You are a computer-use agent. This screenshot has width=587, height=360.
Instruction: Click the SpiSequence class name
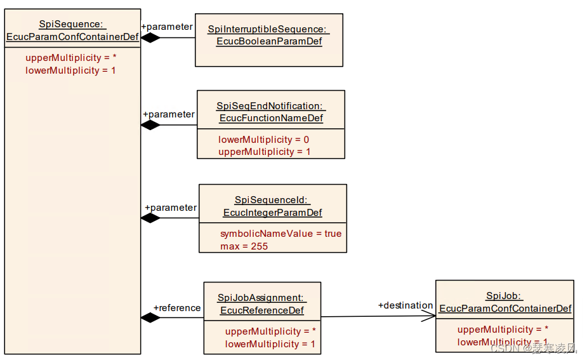[x=72, y=24]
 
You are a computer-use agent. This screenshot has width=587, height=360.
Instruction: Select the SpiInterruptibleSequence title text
[x=268, y=29]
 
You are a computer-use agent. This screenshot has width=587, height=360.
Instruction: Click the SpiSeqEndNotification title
[x=270, y=106]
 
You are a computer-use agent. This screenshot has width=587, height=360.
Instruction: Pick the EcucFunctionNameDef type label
[x=271, y=118]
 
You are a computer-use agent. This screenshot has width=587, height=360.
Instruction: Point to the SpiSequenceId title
[x=272, y=200]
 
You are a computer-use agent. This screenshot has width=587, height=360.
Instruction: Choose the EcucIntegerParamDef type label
[x=272, y=213]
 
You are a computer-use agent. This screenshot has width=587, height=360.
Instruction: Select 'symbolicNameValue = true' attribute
[x=280, y=234]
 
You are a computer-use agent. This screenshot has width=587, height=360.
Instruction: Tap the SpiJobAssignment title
[x=261, y=298]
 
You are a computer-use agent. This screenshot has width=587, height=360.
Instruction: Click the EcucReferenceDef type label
[x=261, y=310]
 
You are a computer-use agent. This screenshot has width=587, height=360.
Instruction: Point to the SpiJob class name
[x=504, y=296]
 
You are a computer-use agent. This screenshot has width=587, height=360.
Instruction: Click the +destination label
[x=405, y=305]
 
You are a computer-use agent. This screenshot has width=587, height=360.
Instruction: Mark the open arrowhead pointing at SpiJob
[x=430, y=316]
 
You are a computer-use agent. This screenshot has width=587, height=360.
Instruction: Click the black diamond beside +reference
[x=150, y=317]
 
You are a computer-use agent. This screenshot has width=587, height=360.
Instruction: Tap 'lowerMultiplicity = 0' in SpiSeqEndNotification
[x=263, y=140]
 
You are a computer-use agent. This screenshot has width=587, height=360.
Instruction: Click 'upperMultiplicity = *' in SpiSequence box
[x=70, y=58]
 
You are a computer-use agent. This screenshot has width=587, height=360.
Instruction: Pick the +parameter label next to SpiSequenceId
[x=171, y=208]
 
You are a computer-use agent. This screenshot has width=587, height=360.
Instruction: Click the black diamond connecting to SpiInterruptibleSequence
[x=150, y=37]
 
